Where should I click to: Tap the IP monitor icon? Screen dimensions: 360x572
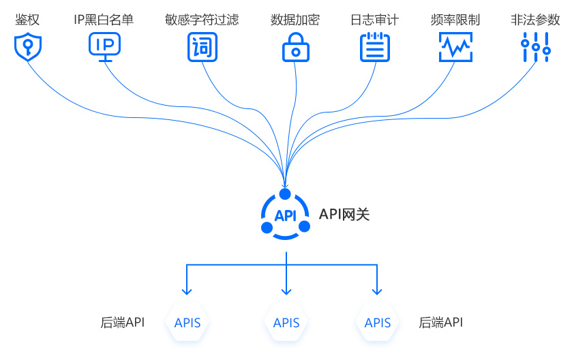[105, 46]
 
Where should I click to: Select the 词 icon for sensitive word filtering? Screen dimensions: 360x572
[202, 47]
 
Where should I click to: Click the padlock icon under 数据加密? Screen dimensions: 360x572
[295, 46]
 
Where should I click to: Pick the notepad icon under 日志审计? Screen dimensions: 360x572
[374, 46]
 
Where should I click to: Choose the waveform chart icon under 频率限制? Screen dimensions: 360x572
[455, 46]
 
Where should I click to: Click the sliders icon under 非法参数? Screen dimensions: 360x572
[535, 46]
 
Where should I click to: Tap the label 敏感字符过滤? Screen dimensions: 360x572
[202, 20]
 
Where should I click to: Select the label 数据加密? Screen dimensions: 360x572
[295, 20]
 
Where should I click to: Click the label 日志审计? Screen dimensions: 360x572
[374, 20]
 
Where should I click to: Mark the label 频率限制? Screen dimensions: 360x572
[455, 20]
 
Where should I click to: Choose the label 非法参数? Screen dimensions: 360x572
[535, 20]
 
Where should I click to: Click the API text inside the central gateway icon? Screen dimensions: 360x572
[285, 215]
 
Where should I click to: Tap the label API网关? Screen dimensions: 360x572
[344, 214]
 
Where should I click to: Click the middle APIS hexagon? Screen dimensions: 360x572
[286, 322]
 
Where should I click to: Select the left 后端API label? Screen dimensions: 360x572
[122, 322]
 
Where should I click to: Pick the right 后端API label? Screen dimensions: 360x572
[440, 322]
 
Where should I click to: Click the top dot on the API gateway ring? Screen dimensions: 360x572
[285, 194]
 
